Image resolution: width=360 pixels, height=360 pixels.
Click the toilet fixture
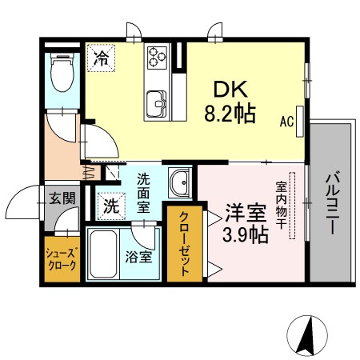(x=62, y=72)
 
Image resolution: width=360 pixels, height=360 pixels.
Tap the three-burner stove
(x=158, y=58)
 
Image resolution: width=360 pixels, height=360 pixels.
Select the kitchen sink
(x=157, y=104)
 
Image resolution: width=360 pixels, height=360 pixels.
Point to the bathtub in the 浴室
(x=103, y=254)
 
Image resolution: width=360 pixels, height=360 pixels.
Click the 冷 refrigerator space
(x=102, y=58)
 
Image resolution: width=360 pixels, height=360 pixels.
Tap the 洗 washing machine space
(x=111, y=206)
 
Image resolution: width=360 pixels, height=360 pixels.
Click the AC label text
(x=286, y=122)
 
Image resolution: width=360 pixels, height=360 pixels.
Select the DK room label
(x=230, y=89)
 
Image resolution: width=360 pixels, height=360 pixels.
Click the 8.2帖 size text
(x=230, y=114)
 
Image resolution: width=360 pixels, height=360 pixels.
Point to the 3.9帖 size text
(x=245, y=234)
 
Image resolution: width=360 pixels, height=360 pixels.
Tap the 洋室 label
(x=246, y=213)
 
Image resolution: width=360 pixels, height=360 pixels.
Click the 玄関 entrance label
(x=62, y=198)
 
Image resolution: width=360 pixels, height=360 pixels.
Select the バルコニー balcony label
(x=332, y=203)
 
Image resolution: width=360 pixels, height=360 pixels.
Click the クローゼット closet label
(x=184, y=243)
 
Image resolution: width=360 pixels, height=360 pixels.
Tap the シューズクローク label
(x=62, y=259)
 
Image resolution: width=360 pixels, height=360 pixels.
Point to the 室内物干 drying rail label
(x=281, y=205)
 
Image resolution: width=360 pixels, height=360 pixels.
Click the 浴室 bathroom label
(x=138, y=257)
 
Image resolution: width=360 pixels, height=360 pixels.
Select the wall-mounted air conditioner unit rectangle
(x=300, y=122)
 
